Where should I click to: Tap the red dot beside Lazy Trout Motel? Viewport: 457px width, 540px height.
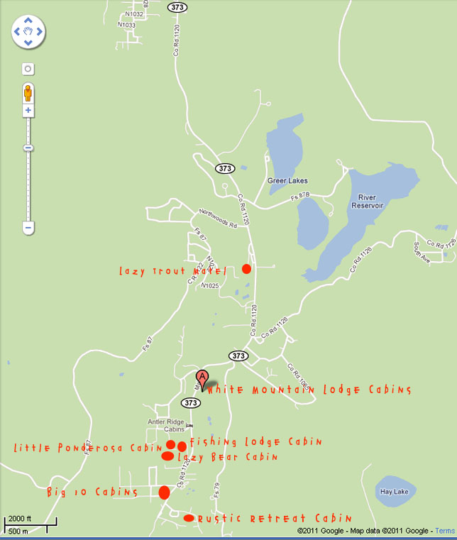246,269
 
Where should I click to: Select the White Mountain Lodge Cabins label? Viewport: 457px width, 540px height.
309,390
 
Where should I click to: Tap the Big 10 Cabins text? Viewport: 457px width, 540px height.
92,492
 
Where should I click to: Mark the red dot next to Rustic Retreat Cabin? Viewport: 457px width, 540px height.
188,518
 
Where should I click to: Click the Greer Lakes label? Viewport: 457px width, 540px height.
286,180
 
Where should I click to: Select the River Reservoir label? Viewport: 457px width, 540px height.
367,201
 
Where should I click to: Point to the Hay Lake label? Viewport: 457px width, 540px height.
395,492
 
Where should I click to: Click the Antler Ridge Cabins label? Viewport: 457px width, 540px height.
165,426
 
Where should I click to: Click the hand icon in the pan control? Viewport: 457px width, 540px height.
28,31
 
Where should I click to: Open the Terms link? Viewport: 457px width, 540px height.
445,531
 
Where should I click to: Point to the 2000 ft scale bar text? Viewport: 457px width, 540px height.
19,519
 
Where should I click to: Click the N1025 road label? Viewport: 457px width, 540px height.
210,285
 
